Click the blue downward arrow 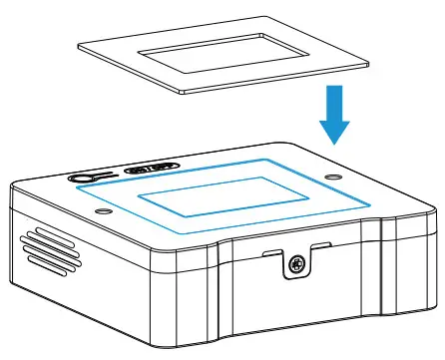click(x=332, y=115)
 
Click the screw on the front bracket click(x=296, y=264)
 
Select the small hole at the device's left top click(x=100, y=211)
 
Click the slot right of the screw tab click(x=321, y=243)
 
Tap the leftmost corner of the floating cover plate click(x=77, y=42)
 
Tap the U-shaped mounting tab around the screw click(x=296, y=261)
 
